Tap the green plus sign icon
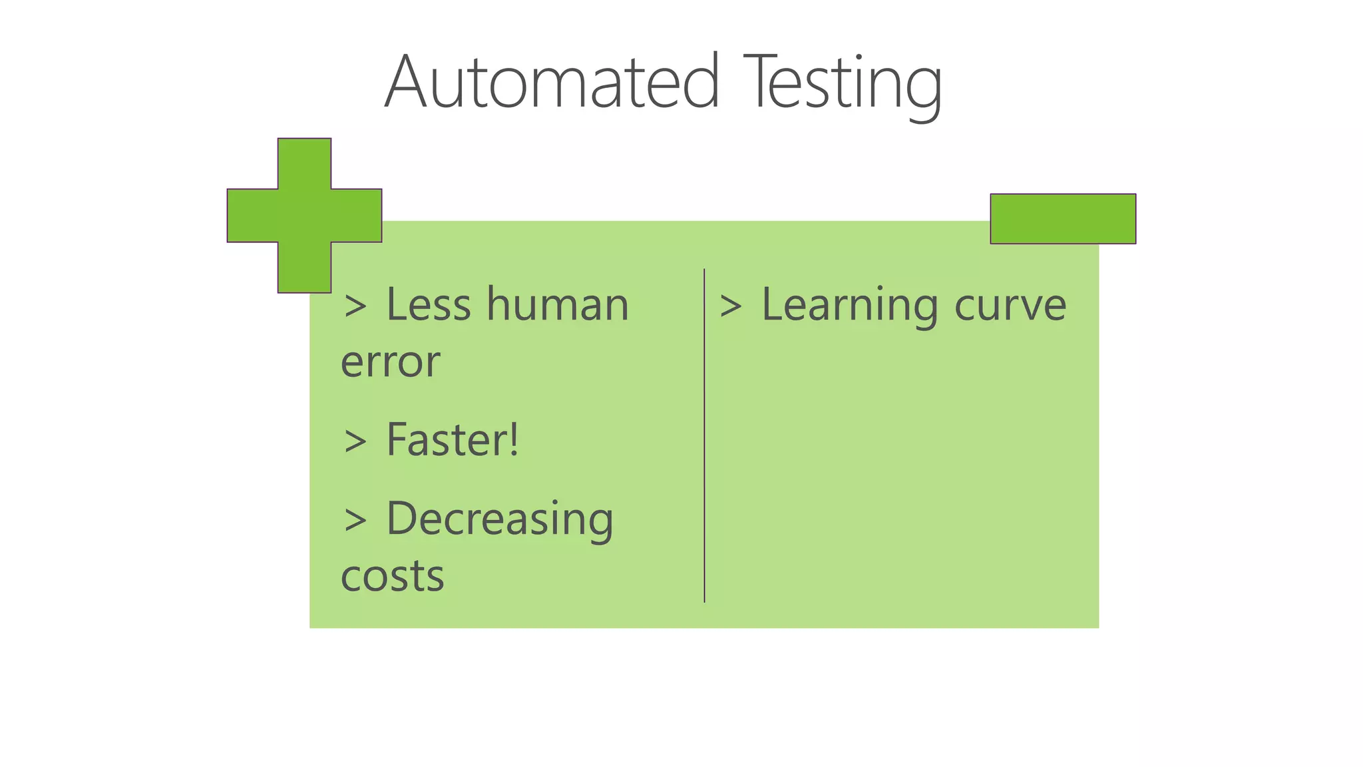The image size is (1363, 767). click(304, 215)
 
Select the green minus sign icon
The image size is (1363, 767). click(1063, 218)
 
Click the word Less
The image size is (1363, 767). click(430, 304)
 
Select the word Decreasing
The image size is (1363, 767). click(499, 519)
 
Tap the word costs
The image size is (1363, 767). click(392, 576)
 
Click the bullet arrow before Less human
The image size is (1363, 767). click(355, 307)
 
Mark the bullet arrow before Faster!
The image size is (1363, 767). click(355, 442)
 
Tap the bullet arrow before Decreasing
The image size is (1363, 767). click(355, 521)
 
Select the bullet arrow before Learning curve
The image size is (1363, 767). click(731, 307)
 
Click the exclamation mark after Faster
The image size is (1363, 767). click(513, 439)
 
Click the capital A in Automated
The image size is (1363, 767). click(406, 83)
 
